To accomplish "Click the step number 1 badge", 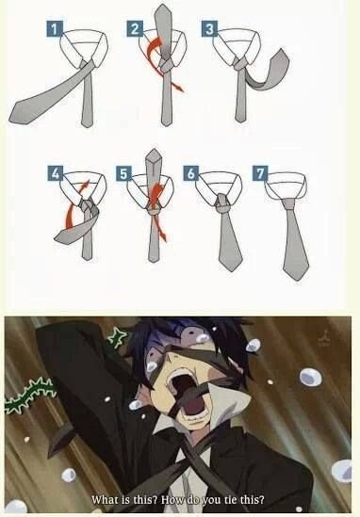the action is (x=55, y=28).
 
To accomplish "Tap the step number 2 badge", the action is (x=135, y=28).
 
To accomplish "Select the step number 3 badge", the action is (x=209, y=28).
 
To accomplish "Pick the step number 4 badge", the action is (x=55, y=173).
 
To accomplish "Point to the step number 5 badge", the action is (x=123, y=173).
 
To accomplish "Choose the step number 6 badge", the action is (x=191, y=173).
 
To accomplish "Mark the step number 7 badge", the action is (x=260, y=173).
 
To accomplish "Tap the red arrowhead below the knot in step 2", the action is (x=178, y=88).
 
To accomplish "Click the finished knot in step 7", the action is (x=289, y=203).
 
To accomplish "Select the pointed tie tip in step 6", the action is (x=232, y=267).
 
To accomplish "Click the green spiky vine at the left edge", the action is (x=30, y=396).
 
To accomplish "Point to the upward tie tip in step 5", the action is (x=154, y=157).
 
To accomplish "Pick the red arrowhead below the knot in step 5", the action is (x=163, y=236).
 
